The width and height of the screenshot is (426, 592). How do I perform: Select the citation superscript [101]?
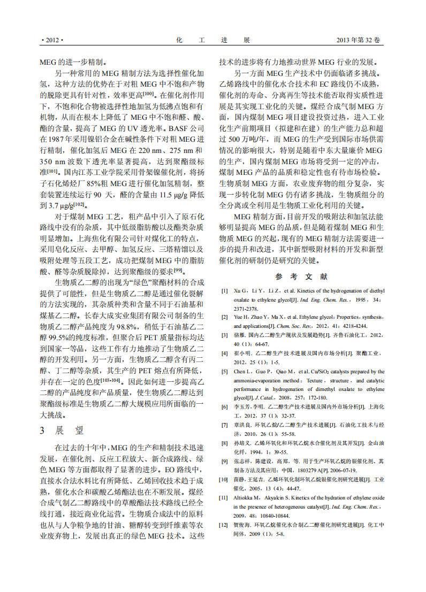pos(52,171)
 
